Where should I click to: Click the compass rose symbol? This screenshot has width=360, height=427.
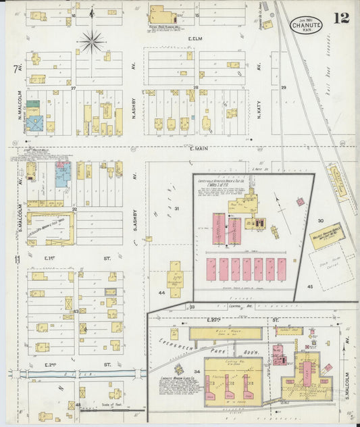tap(92, 41)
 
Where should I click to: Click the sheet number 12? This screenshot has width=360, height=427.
tap(341, 18)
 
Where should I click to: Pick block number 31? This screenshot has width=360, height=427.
tap(176, 209)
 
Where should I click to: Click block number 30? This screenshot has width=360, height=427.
tap(322, 221)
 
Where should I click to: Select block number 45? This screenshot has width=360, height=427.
tap(310, 287)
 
